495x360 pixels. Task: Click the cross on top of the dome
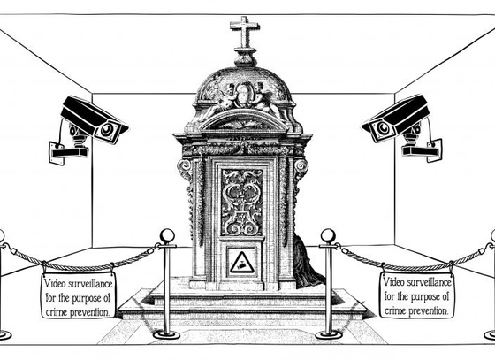click(x=245, y=33)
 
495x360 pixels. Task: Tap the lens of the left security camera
click(x=107, y=129)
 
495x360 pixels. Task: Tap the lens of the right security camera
click(x=384, y=127)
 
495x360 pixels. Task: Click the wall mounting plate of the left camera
click(x=57, y=153)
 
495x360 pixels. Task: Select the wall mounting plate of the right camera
click(x=434, y=150)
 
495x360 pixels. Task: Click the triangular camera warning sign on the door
click(x=241, y=263)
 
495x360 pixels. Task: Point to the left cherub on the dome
click(x=225, y=98)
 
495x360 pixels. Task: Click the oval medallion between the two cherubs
click(x=243, y=94)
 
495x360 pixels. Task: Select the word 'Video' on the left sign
click(x=54, y=283)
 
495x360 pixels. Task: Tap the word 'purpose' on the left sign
click(x=87, y=298)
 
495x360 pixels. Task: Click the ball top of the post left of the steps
click(x=167, y=236)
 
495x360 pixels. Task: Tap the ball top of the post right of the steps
click(x=328, y=236)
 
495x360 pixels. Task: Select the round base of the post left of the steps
click(x=166, y=334)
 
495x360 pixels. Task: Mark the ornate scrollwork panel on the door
click(x=242, y=202)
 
